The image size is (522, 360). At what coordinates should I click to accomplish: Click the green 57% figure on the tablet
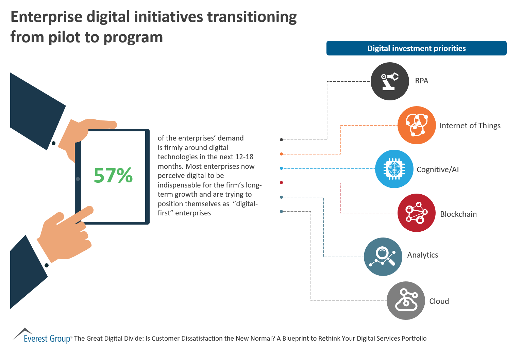pyautogui.click(x=113, y=176)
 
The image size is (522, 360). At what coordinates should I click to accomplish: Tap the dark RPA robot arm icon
pyautogui.click(x=390, y=81)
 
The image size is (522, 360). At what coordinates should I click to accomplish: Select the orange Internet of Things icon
pyautogui.click(x=417, y=125)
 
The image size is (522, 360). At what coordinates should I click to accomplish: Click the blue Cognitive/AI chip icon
pyautogui.click(x=394, y=169)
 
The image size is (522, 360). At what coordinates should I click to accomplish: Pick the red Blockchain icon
pyautogui.click(x=417, y=213)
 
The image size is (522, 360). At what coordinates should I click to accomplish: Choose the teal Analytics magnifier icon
pyautogui.click(x=383, y=257)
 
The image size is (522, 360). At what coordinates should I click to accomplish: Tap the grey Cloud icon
pyautogui.click(x=406, y=300)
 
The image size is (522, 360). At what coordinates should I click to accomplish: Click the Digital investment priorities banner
pyautogui.click(x=416, y=48)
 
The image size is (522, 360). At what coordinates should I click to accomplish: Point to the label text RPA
pyautogui.click(x=422, y=81)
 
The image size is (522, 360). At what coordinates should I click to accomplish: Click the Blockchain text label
pyautogui.click(x=458, y=214)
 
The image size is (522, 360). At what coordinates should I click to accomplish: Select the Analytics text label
pyautogui.click(x=423, y=255)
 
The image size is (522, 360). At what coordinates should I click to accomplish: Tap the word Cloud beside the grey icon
pyautogui.click(x=439, y=301)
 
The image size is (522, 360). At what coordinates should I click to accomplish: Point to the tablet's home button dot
pyautogui.click(x=78, y=179)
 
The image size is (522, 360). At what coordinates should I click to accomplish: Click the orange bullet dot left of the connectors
pyautogui.click(x=281, y=154)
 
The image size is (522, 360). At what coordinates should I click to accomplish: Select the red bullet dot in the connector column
pyautogui.click(x=281, y=183)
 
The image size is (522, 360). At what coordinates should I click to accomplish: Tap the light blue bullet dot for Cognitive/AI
pyautogui.click(x=281, y=168)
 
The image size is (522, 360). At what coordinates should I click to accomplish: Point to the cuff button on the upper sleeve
pyautogui.click(x=53, y=143)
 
